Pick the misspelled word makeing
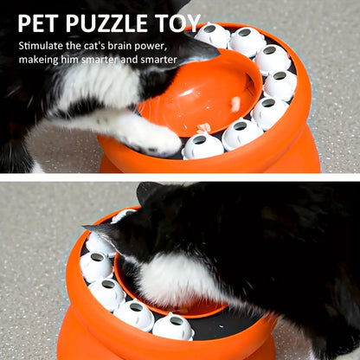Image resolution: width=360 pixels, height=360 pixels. coord(42,60)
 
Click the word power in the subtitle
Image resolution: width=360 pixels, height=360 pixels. coord(166,44)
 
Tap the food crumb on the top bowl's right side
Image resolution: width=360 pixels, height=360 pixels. coord(235,104)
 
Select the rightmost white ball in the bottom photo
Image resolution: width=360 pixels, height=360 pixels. coord(173,326)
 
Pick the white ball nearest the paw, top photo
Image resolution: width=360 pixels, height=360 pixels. coord(203,145)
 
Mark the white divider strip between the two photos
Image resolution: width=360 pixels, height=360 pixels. coord(180,177)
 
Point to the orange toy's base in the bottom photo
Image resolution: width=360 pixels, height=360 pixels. coord(87,342)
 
